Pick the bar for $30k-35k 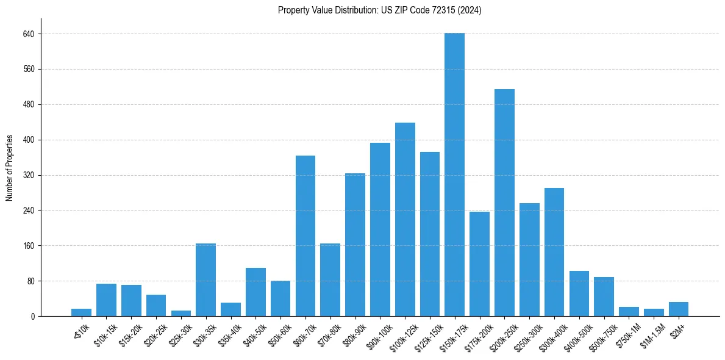pos(205,280)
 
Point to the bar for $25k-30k pos(181,314)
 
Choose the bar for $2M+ pos(679,309)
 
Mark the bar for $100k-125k pos(405,220)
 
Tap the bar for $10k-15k pos(106,300)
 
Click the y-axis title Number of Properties pos(10,168)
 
